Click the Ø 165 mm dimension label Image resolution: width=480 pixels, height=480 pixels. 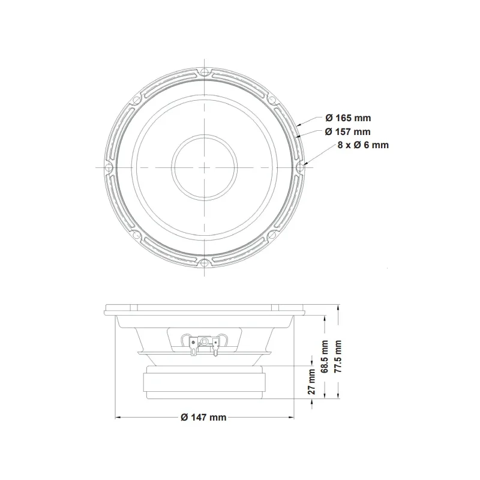pyautogui.click(x=348, y=118)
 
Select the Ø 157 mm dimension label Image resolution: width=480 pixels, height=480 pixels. pyautogui.click(x=347, y=131)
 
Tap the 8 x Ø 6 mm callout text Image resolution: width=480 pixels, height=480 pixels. pyautogui.click(x=363, y=145)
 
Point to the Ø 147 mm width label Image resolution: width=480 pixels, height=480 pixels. pyautogui.click(x=203, y=417)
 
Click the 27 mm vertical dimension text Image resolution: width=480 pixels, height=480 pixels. pyautogui.click(x=311, y=382)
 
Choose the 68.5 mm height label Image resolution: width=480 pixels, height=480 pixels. pyautogui.click(x=324, y=356)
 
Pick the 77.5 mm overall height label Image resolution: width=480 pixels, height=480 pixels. pyautogui.click(x=337, y=356)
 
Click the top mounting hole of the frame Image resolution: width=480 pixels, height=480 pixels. pyautogui.click(x=204, y=73)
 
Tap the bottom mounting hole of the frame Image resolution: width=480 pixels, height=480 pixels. pyautogui.click(x=204, y=262)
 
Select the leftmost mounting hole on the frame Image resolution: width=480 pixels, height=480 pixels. pyautogui.click(x=109, y=168)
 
